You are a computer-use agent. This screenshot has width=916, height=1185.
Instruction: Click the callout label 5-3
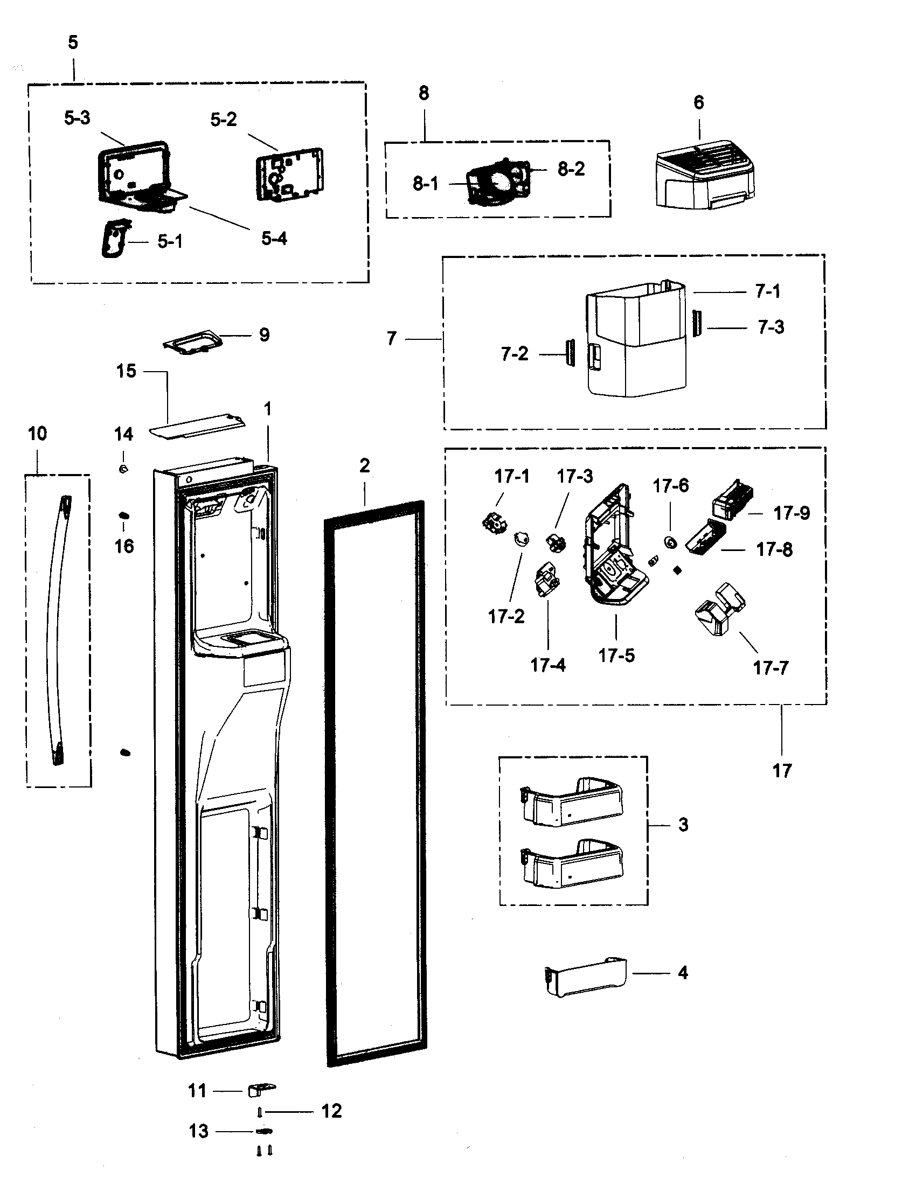pos(77,118)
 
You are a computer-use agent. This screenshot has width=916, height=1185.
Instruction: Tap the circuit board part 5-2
pos(288,173)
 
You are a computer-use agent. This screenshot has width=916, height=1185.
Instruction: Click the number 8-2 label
pos(571,169)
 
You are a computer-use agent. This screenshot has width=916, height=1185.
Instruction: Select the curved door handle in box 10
pos(59,629)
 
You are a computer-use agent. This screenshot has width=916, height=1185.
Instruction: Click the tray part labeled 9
pos(193,344)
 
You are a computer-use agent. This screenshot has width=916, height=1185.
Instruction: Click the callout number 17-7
pos(770,668)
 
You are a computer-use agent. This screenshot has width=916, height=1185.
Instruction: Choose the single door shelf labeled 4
pos(585,977)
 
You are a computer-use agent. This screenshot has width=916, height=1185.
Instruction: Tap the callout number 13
pos(199,1131)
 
